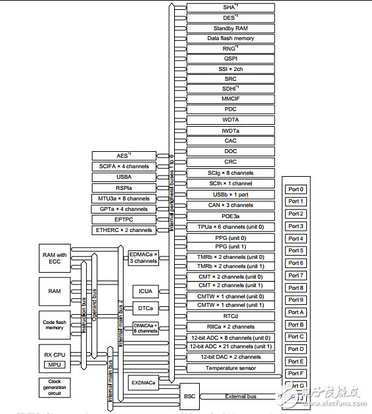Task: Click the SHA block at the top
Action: [x=229, y=7]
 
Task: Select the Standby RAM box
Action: [x=229, y=28]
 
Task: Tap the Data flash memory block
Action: [x=229, y=38]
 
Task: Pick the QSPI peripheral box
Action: [x=229, y=58]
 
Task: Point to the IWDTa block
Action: [x=229, y=131]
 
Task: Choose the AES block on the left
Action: [x=124, y=155]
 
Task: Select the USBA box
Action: [x=124, y=177]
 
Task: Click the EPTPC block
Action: [x=124, y=219]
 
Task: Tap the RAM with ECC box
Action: [x=54, y=258]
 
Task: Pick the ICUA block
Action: [x=145, y=291]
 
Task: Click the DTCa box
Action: [x=145, y=308]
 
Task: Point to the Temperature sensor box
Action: [x=229, y=368]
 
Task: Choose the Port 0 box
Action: [x=296, y=189]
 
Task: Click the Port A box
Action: [x=296, y=313]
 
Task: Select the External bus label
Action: [x=241, y=396]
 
